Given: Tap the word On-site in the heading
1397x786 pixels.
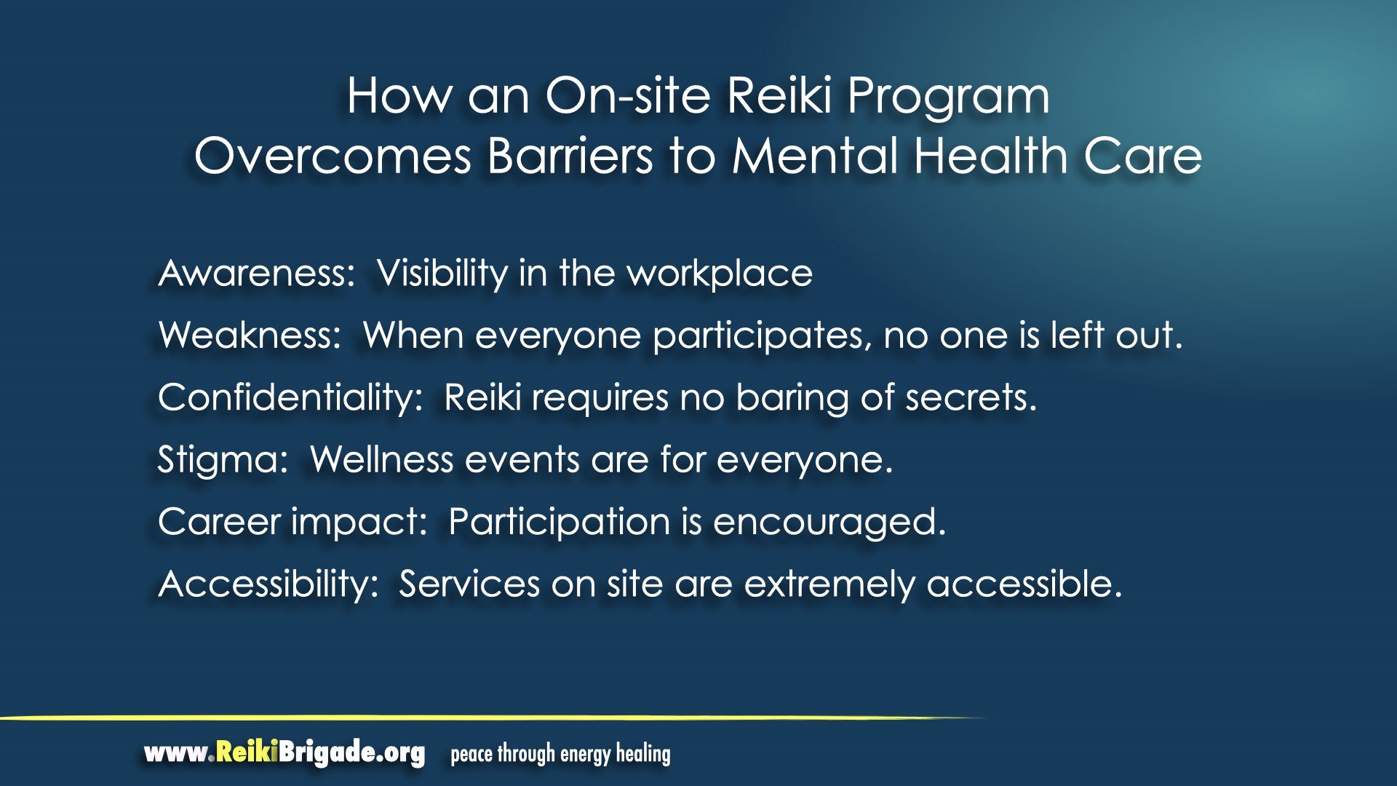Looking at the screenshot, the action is click(x=628, y=95).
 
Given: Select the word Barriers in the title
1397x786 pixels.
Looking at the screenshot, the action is click(x=570, y=156).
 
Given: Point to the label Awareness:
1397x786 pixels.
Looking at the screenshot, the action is click(x=257, y=274).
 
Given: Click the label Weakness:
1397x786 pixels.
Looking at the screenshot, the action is click(x=250, y=336).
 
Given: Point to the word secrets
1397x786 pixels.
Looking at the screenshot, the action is click(x=971, y=398).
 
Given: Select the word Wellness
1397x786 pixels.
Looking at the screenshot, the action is click(x=381, y=460).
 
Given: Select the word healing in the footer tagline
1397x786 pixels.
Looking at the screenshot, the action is click(x=643, y=755).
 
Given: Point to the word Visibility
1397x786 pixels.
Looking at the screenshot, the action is click(x=442, y=274).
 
